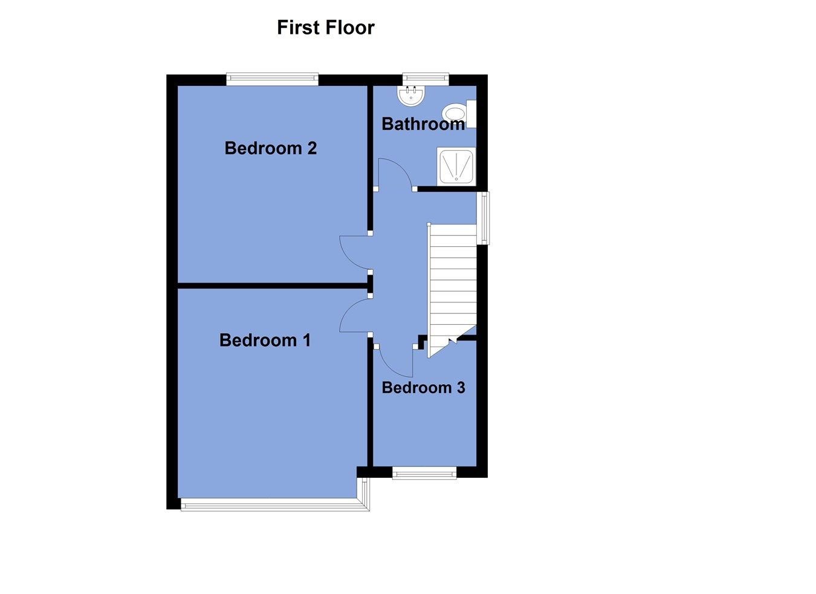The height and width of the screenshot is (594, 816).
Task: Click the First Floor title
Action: tap(325, 27)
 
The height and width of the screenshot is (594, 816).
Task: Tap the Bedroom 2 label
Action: tap(270, 148)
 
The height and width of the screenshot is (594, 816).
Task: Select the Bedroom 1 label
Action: tap(265, 341)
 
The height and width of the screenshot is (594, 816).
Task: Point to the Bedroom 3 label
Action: tap(423, 388)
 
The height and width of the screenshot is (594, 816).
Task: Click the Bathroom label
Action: tap(423, 124)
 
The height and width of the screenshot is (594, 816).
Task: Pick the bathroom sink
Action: tap(412, 94)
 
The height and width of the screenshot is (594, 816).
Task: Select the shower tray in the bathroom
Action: tap(456, 165)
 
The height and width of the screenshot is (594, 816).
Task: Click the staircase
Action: tap(452, 284)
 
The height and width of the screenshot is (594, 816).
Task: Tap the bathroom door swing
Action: tap(394, 174)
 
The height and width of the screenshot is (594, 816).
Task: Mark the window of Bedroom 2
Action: tap(273, 77)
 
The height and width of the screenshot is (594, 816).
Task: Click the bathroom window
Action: tap(426, 77)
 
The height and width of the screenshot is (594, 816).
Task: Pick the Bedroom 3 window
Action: tap(424, 474)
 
